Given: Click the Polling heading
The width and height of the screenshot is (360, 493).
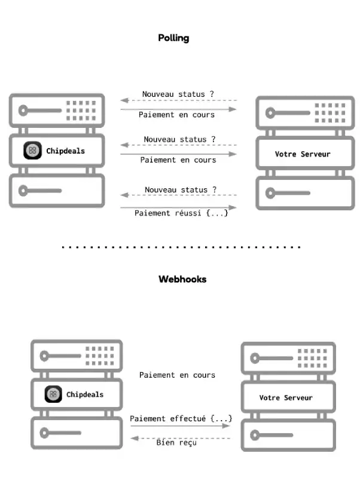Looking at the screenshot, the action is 173,38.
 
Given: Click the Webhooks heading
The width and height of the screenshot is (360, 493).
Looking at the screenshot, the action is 182,279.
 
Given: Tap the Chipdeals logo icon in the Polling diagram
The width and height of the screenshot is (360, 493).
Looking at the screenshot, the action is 32,151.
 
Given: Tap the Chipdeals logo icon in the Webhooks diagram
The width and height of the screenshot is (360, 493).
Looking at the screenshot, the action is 53,394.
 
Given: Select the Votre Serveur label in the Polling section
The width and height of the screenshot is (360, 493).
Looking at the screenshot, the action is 303,154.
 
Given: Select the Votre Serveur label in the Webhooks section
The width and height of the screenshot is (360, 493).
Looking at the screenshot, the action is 286,398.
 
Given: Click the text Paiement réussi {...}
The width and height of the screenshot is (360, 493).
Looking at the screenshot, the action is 181,213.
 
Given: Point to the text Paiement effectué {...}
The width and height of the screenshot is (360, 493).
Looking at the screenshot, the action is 181,419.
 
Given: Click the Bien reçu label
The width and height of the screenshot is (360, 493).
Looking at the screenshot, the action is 176,443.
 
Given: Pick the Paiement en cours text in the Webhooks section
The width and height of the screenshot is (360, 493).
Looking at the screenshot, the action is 177,375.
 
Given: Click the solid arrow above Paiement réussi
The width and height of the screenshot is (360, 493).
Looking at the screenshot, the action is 178,207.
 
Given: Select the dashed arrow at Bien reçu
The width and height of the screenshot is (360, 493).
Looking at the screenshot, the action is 181,438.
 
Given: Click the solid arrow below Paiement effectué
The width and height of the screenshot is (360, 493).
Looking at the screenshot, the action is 181,426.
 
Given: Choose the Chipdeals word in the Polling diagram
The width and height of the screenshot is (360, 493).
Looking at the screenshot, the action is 65,151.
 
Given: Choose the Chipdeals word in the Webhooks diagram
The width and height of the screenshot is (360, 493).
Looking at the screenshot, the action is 85,394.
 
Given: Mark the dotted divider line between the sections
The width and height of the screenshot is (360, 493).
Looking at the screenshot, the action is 181,247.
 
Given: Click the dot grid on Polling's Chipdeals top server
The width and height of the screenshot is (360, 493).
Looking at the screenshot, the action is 81,111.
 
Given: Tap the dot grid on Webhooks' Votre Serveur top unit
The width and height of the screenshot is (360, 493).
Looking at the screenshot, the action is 312,358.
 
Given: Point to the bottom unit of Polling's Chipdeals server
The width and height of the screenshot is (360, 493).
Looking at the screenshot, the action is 57,191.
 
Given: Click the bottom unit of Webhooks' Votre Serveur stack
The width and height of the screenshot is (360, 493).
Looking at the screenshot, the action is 288,435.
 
